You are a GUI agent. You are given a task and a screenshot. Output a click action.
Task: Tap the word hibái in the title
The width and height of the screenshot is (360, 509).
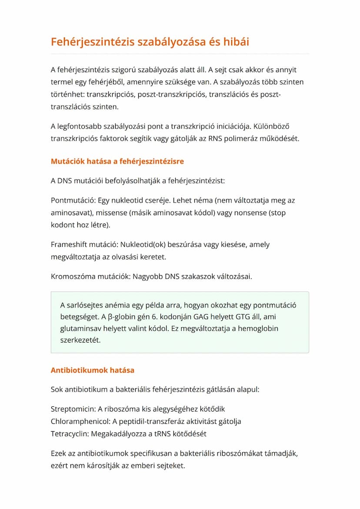click(233, 42)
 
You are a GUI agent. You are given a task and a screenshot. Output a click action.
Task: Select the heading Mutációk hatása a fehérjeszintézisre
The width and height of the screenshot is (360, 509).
click(117, 161)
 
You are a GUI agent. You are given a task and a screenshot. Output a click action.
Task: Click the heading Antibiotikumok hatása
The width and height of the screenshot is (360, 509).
click(93, 370)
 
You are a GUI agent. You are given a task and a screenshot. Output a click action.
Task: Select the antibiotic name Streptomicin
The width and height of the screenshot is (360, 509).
click(73, 409)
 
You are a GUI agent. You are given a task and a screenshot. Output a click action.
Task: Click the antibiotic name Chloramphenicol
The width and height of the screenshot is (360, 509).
click(80, 421)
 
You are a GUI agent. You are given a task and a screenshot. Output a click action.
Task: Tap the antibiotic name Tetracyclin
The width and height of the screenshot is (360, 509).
click(70, 434)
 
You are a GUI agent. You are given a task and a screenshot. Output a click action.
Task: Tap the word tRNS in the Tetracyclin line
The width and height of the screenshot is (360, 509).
click(170, 434)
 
